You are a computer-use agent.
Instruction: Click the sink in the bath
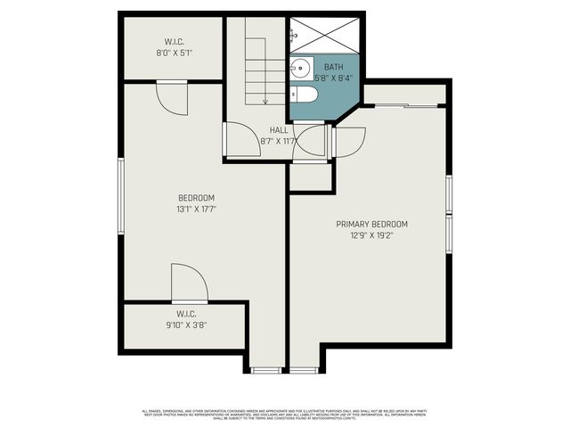(299, 65)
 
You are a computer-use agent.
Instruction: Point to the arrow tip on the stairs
(265, 101)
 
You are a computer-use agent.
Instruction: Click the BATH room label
(333, 67)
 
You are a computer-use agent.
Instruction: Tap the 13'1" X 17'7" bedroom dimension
(197, 209)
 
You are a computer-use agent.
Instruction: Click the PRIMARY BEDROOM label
(371, 224)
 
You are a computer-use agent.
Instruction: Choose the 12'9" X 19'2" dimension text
(371, 235)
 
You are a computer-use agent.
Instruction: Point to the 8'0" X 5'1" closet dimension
(174, 53)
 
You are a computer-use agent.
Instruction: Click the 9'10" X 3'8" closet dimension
(185, 325)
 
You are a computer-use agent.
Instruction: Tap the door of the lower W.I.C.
(189, 285)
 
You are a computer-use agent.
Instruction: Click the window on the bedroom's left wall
(122, 197)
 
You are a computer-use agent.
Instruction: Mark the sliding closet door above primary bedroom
(406, 106)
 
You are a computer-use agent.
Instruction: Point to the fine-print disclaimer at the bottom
(285, 414)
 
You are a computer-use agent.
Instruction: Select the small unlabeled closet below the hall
(310, 177)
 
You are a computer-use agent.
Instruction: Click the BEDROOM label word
(197, 198)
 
